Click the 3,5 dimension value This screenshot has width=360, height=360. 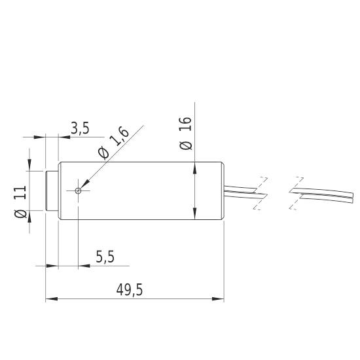click(x=79, y=129)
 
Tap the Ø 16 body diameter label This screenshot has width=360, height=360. click(x=186, y=134)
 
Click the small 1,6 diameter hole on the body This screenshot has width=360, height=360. click(x=79, y=191)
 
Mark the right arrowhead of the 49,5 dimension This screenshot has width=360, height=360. click(x=219, y=300)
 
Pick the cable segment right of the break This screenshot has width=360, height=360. click(x=321, y=193)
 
